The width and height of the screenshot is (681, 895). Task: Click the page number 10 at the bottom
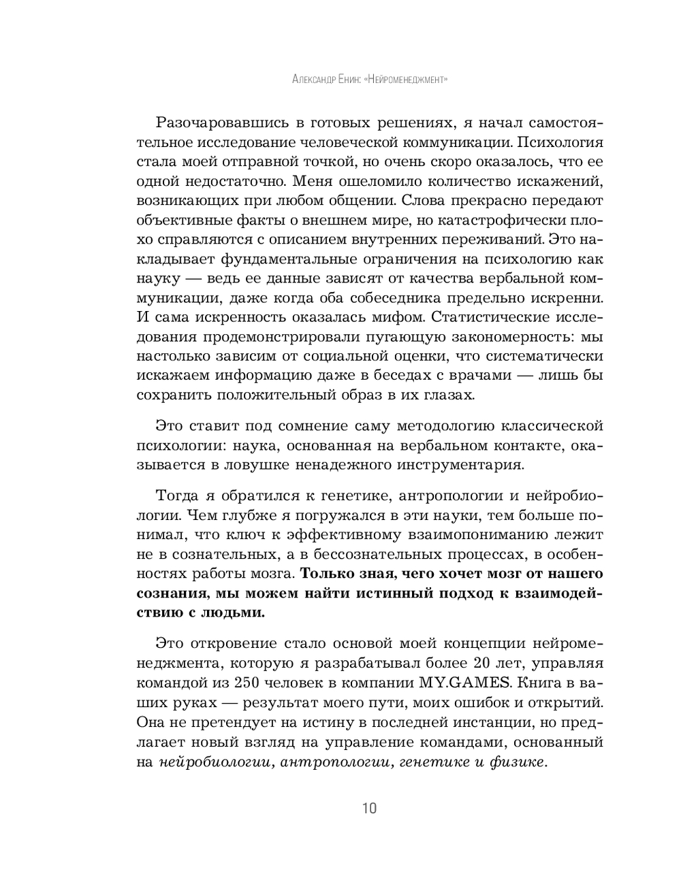369,809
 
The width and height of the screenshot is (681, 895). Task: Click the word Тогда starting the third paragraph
178,495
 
